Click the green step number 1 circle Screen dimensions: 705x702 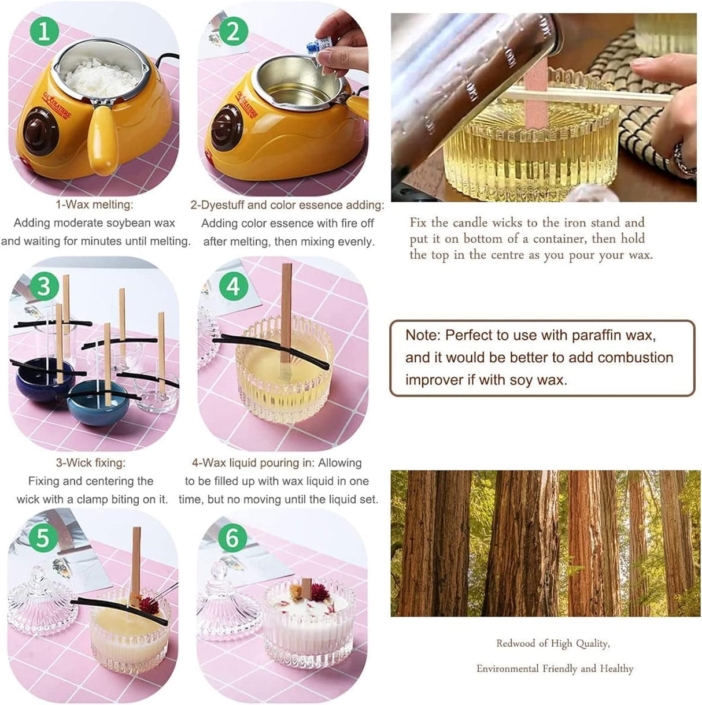point(43,30)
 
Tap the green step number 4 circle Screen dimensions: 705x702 point(233,286)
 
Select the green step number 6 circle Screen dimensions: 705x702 point(232,538)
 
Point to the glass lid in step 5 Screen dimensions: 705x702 point(38,601)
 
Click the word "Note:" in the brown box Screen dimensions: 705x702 point(423,336)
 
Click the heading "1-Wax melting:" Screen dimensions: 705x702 point(94,205)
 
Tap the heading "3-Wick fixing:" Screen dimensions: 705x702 point(90,463)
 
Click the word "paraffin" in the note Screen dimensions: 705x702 point(598,336)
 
